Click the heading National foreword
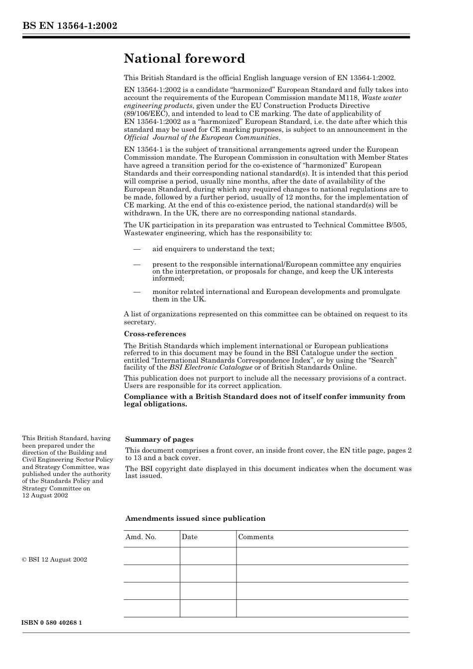(184, 59)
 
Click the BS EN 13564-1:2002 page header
(70, 25)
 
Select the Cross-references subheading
(155, 334)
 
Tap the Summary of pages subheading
(159, 439)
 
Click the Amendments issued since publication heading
(195, 518)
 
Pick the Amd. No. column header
(140, 537)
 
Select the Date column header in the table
(190, 537)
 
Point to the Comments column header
(255, 537)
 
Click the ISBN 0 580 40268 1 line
(52, 623)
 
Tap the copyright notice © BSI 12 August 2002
(55, 560)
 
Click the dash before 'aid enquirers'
(136, 249)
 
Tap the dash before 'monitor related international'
(136, 292)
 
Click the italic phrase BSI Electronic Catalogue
(211, 368)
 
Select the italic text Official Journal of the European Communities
(202, 138)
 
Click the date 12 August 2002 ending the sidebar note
(45, 495)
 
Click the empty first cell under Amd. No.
(152, 556)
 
